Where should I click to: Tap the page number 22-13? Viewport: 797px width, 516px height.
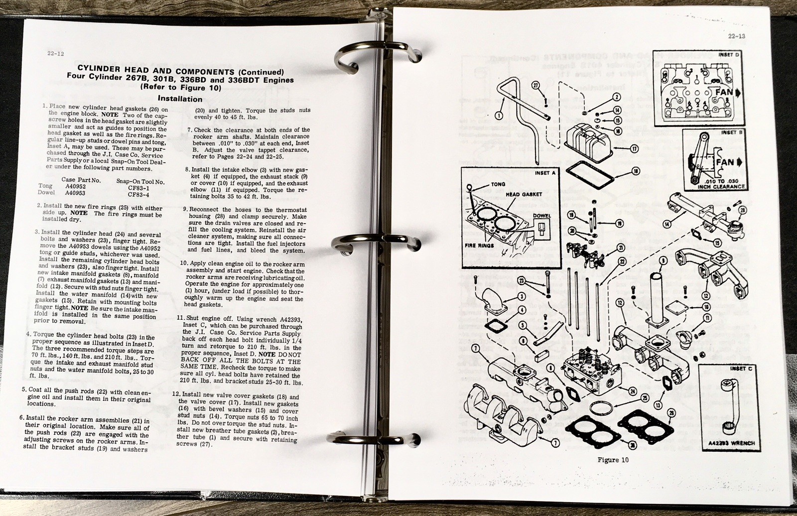point(735,36)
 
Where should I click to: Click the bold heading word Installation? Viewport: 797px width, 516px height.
point(179,99)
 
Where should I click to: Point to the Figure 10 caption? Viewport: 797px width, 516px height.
point(613,459)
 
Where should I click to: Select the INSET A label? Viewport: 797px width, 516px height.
point(544,173)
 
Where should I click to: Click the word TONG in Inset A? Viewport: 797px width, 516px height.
point(498,184)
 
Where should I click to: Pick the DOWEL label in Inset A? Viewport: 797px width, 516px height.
point(541,216)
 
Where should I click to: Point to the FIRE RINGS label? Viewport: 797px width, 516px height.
point(479,246)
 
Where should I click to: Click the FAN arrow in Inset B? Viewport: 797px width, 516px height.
point(728,162)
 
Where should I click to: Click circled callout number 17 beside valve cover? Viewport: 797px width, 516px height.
point(634,148)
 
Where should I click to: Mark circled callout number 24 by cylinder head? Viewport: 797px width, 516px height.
point(632,391)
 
